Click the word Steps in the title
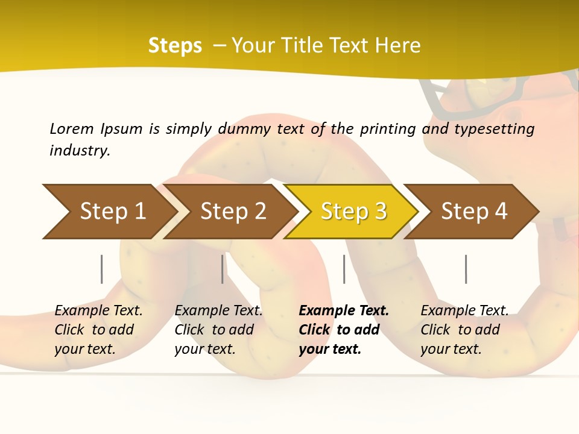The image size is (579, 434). [x=175, y=46]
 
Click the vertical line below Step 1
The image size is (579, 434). [x=102, y=269]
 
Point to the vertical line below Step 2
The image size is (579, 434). [x=223, y=269]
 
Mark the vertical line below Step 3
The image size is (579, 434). [x=344, y=269]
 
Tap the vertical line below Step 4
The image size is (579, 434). [x=466, y=269]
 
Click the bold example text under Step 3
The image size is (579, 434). [x=344, y=330]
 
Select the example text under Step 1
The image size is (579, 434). [x=98, y=330]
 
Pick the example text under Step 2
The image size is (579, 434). [x=218, y=330]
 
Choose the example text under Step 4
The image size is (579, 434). [x=464, y=330]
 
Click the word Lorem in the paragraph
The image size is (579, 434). [x=71, y=128]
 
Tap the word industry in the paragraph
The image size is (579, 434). [x=80, y=150]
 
